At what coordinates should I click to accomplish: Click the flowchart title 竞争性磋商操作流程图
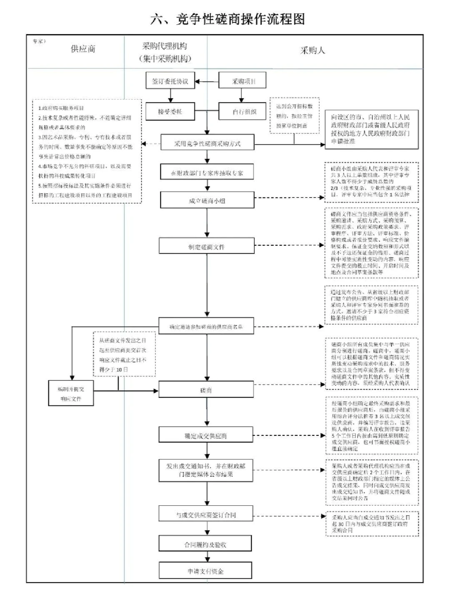point(227,19)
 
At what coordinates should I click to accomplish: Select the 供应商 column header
point(83,49)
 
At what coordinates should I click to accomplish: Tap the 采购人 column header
point(312,50)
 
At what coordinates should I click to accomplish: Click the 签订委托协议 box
point(170,81)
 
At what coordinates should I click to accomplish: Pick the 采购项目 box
point(243,81)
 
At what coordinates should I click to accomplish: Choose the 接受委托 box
point(170,112)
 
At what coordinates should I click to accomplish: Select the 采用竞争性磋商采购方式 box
point(207,144)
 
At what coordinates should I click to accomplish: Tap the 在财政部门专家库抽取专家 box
point(207,172)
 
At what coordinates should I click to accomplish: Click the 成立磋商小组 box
point(207,201)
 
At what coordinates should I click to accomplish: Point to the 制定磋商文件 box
point(206,247)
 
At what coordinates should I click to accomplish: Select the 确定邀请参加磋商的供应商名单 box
point(206,327)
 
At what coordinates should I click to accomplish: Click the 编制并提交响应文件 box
point(71,394)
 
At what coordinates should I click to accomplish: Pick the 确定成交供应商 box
point(206,436)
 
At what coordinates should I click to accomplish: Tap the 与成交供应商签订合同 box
point(206,515)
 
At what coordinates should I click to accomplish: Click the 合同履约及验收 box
point(205,545)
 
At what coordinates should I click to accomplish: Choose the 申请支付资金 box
point(205,571)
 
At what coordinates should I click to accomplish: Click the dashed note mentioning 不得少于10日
point(124,355)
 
